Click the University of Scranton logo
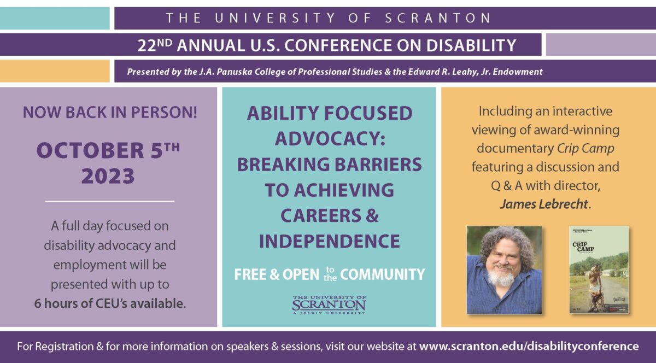[x=329, y=305]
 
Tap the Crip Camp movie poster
[x=599, y=270]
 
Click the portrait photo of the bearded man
[x=504, y=270]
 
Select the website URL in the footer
[x=529, y=346]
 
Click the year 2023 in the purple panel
[x=108, y=177]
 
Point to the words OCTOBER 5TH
[x=108, y=150]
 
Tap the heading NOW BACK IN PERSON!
[x=110, y=113]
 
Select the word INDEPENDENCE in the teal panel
[x=329, y=241]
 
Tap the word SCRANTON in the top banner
[x=439, y=18]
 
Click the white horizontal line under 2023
[x=109, y=201]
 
